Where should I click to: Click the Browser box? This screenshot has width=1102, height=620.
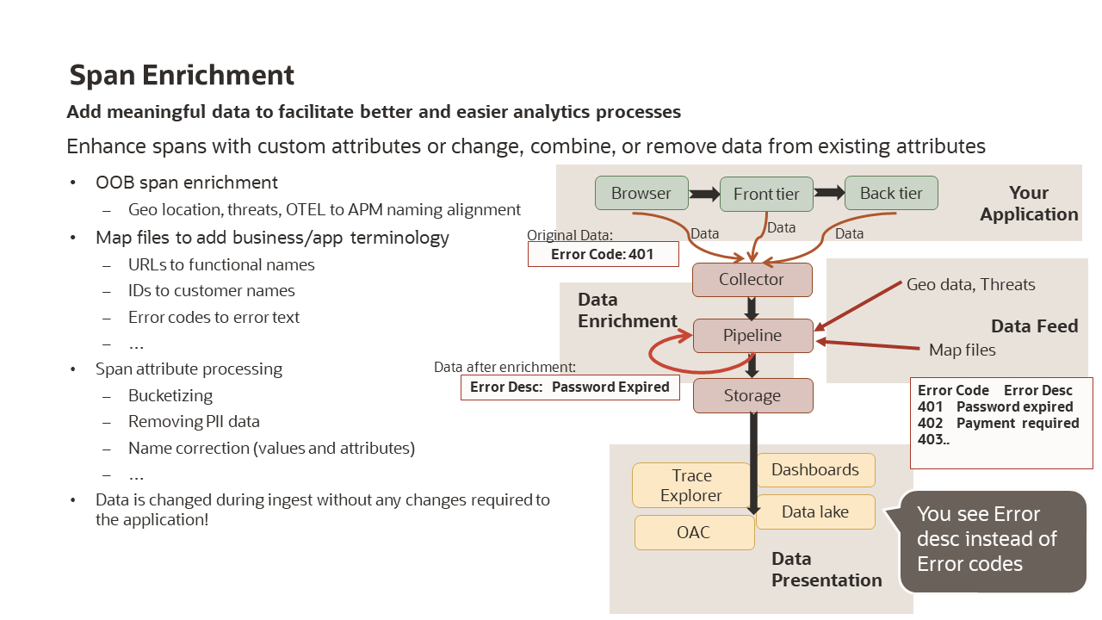(x=641, y=193)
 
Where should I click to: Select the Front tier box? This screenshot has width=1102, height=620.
(x=766, y=194)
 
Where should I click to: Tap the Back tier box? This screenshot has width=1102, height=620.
(x=891, y=193)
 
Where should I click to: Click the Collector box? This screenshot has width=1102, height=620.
(x=752, y=280)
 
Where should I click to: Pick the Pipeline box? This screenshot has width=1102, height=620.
(x=752, y=336)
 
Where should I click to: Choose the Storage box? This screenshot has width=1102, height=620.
(x=752, y=396)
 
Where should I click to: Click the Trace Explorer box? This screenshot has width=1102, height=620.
(x=692, y=486)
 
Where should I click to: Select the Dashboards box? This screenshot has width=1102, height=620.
(x=815, y=470)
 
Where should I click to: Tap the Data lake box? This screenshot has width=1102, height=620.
(x=815, y=512)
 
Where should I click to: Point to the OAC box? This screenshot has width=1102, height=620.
(x=694, y=532)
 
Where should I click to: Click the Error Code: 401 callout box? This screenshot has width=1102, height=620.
(x=603, y=254)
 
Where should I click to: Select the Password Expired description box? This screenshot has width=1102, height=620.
(x=570, y=387)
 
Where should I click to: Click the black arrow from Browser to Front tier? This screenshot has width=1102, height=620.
(x=704, y=195)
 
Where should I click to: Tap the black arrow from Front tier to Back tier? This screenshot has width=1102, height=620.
(x=829, y=194)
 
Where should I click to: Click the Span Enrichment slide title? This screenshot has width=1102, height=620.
(x=182, y=76)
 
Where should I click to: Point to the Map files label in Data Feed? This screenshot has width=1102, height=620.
(x=962, y=350)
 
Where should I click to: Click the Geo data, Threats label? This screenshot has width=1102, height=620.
(x=970, y=285)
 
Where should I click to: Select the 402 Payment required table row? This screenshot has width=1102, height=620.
(x=998, y=424)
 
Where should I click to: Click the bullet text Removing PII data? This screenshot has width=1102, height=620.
(x=194, y=422)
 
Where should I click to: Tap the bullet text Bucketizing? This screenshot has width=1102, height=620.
(x=170, y=396)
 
